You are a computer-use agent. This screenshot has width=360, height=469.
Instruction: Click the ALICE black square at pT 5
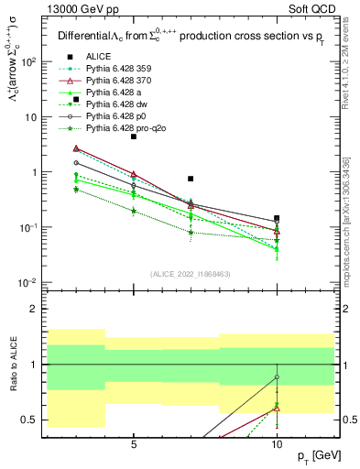click(x=134, y=136)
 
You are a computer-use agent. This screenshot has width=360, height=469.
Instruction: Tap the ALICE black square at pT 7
click(x=191, y=179)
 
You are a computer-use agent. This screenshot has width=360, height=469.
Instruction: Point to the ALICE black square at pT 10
click(x=277, y=218)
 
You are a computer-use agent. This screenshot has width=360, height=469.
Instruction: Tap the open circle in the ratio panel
click(x=277, y=377)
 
